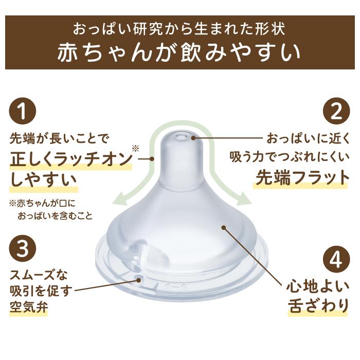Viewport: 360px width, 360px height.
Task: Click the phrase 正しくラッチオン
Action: [70, 159]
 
